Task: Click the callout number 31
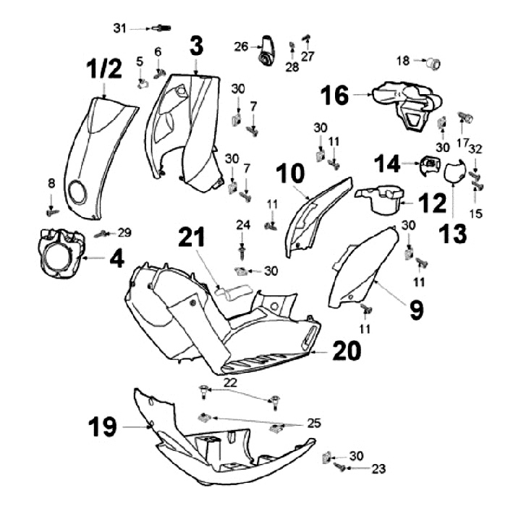pos(119,28)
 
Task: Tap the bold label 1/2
pos(104,69)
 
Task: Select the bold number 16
pos(334,95)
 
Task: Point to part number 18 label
pos(403,62)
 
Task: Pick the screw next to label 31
pos(161,28)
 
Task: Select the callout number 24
pos(243,225)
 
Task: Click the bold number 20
pos(347,350)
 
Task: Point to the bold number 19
pos(102,426)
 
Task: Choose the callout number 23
pos(378,468)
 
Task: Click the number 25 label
pos(313,423)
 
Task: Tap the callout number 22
pos(230,383)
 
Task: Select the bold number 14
pos(387,164)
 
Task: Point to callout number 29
pos(124,232)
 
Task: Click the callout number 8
pos(51,183)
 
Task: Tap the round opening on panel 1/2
pos(78,192)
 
